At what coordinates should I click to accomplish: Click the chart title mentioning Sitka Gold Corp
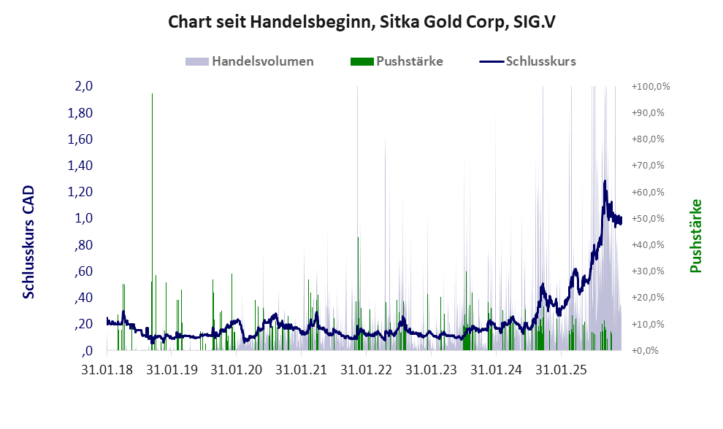point(361,23)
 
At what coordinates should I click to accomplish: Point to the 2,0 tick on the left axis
point(83,86)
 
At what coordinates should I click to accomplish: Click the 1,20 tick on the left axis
point(80,192)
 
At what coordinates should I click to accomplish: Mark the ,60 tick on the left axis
point(83,271)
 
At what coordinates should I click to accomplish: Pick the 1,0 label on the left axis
point(83,218)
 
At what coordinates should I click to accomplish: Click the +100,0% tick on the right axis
point(651,86)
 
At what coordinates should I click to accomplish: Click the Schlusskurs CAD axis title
point(28,241)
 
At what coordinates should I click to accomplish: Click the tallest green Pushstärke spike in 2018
point(152,95)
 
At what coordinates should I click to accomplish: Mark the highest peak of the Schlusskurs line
point(605,181)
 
